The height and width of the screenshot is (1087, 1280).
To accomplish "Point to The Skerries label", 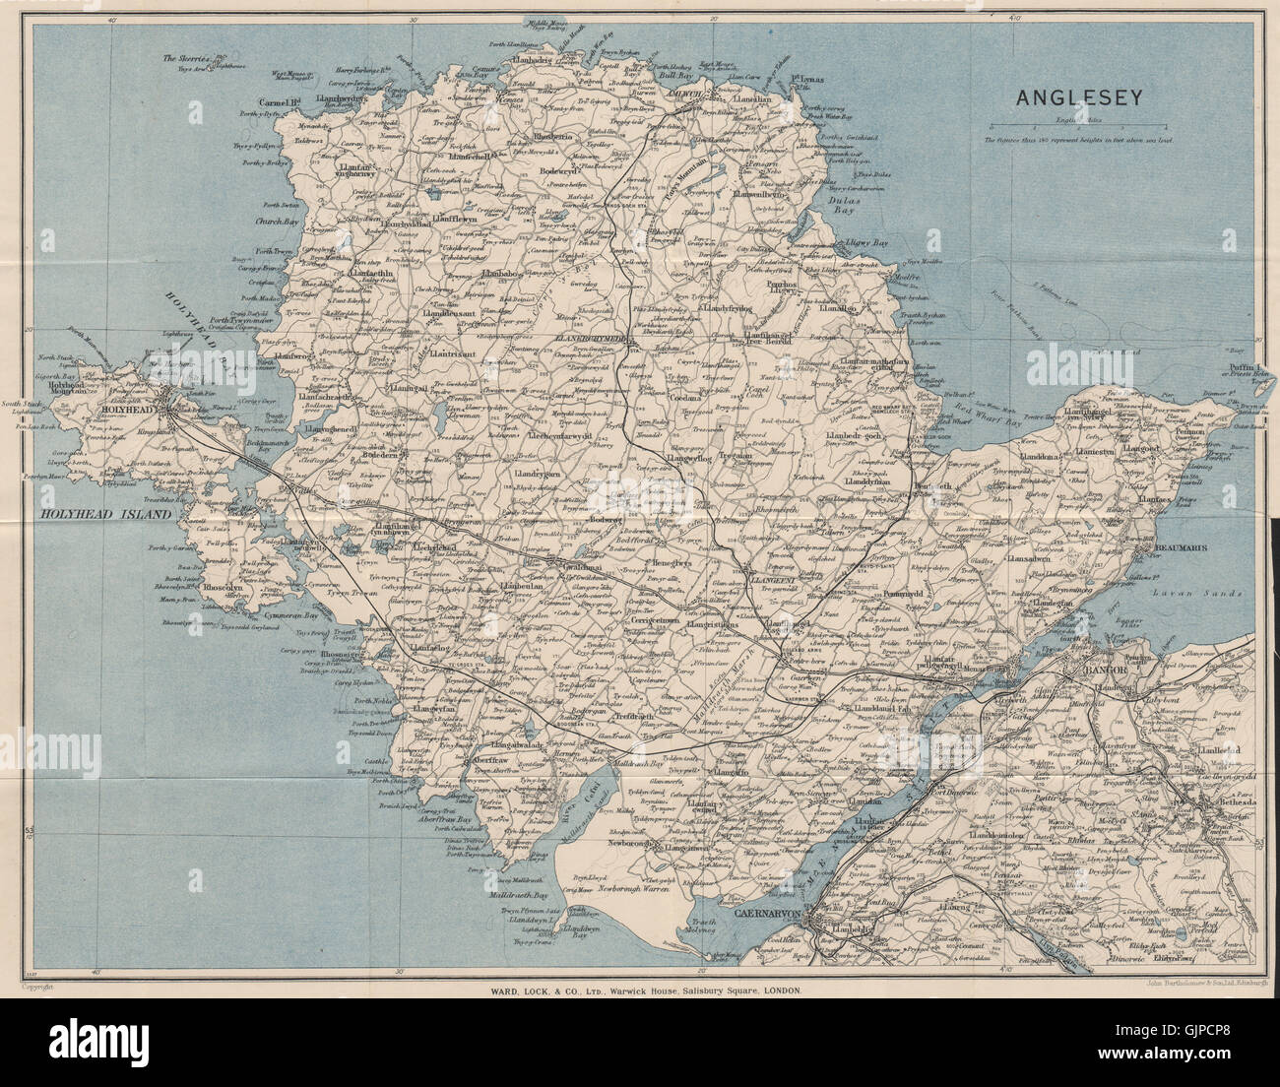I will coord(185,58).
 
